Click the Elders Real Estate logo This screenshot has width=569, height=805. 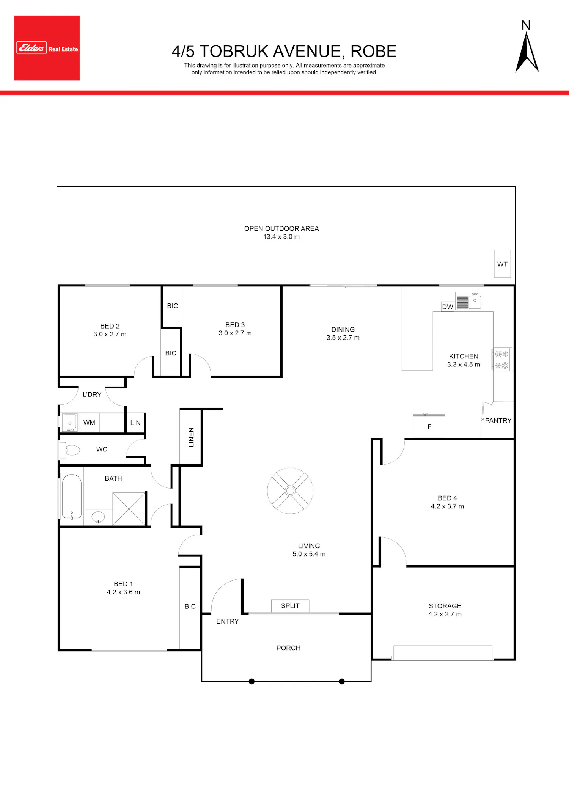(x=47, y=48)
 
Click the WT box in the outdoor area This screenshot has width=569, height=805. (x=502, y=264)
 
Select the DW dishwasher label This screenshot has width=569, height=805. (x=448, y=307)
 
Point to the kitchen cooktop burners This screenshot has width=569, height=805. (x=502, y=359)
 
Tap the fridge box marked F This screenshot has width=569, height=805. (x=429, y=426)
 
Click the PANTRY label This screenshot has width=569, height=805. (x=498, y=420)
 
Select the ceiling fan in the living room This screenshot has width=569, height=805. (x=290, y=491)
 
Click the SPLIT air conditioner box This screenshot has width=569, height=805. (x=290, y=606)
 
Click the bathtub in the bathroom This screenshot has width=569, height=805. (x=72, y=496)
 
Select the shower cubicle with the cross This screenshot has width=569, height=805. (x=129, y=509)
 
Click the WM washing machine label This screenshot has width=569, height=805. (x=89, y=423)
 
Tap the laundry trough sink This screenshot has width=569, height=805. (x=70, y=423)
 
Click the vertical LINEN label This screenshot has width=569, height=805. (x=191, y=437)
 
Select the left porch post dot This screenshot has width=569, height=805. (x=251, y=681)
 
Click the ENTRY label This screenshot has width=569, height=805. (x=228, y=621)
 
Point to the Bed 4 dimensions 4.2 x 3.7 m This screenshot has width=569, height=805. (x=447, y=506)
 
